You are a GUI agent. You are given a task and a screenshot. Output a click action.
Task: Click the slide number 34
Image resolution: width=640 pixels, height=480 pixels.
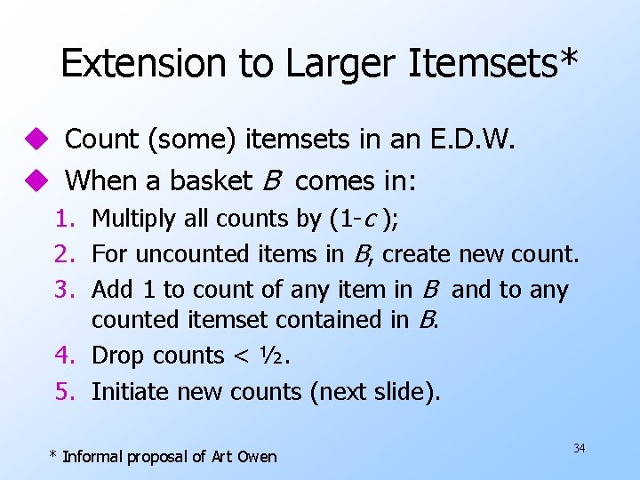pyautogui.click(x=580, y=448)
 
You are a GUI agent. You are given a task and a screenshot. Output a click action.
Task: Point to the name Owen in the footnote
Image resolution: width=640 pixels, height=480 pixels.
pyautogui.click(x=257, y=457)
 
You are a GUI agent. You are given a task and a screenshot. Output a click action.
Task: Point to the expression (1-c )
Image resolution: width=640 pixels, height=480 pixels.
pyautogui.click(x=363, y=219)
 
